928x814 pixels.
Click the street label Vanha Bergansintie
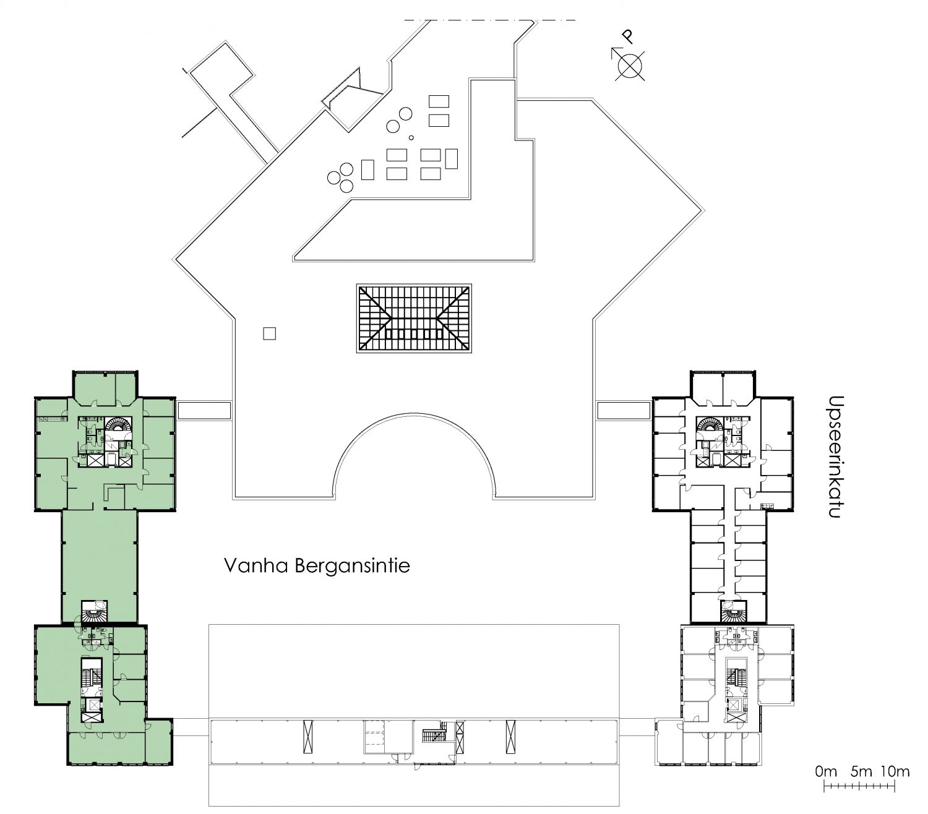click(x=317, y=566)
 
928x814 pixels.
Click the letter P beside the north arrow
click(x=628, y=36)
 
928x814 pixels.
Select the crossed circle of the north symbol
click(x=630, y=65)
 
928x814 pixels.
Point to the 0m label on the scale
click(x=826, y=771)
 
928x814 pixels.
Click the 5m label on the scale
click(x=861, y=771)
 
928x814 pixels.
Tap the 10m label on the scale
click(x=895, y=771)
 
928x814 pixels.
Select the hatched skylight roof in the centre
click(x=414, y=318)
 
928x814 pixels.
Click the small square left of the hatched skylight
click(x=269, y=333)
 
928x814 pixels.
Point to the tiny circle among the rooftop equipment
click(x=411, y=137)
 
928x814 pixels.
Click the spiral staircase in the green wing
click(x=118, y=426)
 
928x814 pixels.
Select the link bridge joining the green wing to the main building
click(x=204, y=411)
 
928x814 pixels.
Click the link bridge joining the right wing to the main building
click(x=624, y=410)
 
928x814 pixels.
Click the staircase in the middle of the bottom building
click(x=433, y=733)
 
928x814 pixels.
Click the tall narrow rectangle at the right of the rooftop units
click(x=451, y=158)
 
